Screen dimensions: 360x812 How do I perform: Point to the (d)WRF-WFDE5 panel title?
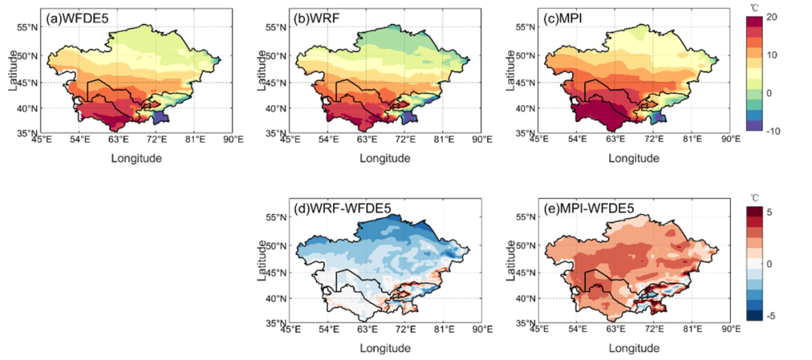click(334, 209)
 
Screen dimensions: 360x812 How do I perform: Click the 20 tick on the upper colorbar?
click(770, 17)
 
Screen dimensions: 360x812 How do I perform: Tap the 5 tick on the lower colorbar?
click(768, 213)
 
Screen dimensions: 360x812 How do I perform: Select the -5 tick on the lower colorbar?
click(770, 316)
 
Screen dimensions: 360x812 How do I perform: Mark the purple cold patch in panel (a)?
click(160, 118)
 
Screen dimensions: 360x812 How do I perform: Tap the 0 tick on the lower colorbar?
click(768, 264)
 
